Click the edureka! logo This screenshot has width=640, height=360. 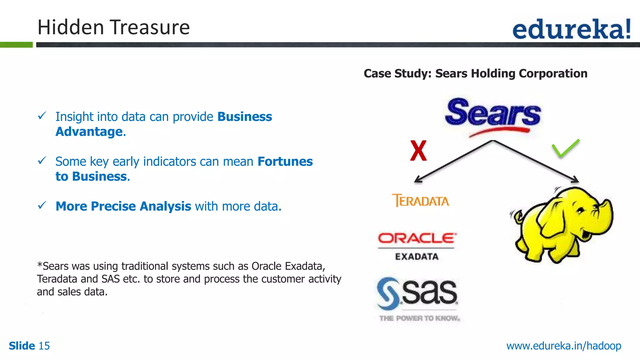coord(571,29)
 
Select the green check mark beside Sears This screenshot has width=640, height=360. coord(565,148)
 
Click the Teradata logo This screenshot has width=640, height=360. coord(421,201)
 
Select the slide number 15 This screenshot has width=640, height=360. coord(44,346)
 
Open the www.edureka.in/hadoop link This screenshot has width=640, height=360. coord(563,346)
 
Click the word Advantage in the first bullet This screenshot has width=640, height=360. coord(89,132)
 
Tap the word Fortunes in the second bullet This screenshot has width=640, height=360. coord(285,162)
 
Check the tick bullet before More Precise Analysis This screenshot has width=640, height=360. coord(42,205)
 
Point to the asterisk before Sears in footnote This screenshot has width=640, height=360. coord(39,265)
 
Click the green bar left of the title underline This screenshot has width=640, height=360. coord(16,45)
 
